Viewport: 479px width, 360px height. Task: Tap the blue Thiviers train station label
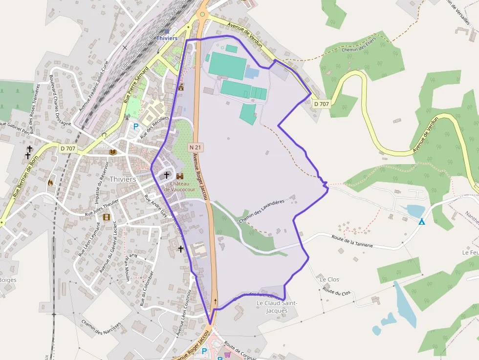click(167, 38)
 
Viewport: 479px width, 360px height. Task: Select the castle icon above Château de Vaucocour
click(180, 176)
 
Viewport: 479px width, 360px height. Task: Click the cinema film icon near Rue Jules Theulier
click(107, 217)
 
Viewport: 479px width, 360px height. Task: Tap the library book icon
click(113, 152)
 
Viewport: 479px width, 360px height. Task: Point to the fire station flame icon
click(50, 182)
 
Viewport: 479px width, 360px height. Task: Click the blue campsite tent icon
click(421, 222)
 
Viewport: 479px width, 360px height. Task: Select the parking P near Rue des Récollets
click(135, 126)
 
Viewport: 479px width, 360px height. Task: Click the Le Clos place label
click(329, 279)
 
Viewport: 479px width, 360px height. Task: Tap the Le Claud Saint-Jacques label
click(276, 306)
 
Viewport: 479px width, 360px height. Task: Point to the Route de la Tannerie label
click(352, 241)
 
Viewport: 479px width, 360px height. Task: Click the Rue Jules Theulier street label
click(102, 207)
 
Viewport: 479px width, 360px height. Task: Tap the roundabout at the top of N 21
click(202, 15)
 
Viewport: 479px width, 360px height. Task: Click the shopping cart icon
click(227, 355)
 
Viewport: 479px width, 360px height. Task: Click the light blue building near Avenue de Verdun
click(251, 73)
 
